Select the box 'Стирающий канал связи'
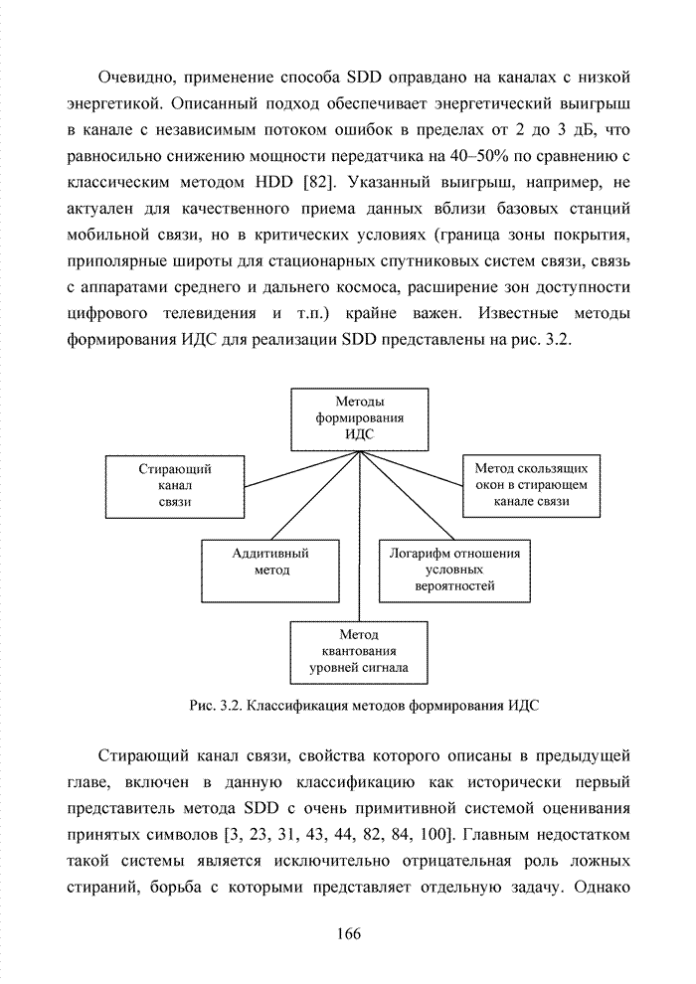174,485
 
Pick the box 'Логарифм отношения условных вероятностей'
454,571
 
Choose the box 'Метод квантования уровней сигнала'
359,651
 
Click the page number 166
348,932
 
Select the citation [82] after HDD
316,182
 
